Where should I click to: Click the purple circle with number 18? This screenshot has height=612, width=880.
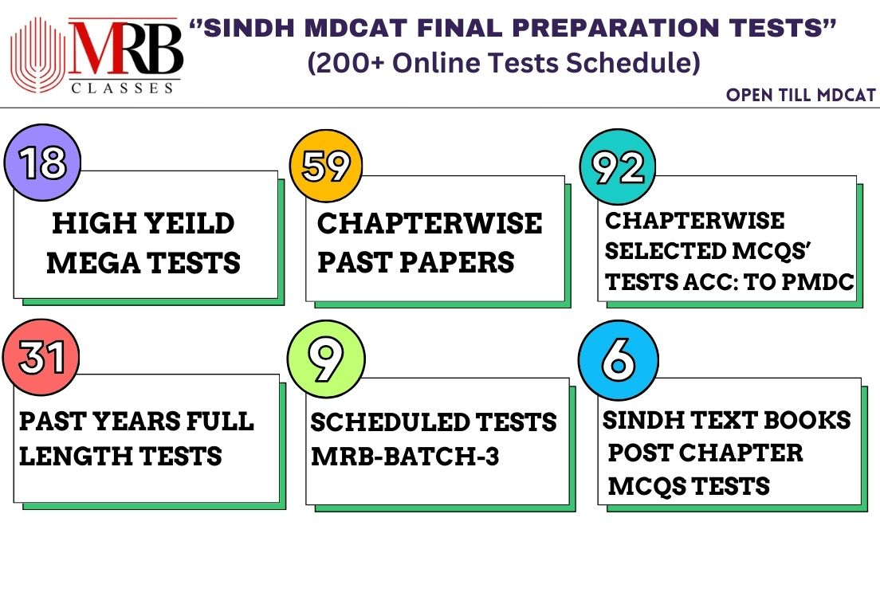(x=43, y=163)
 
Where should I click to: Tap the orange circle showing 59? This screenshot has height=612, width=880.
(x=326, y=166)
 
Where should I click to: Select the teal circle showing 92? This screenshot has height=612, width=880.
(x=618, y=167)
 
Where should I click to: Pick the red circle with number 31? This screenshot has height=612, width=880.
(x=41, y=357)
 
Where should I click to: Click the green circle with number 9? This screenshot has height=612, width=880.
(x=326, y=359)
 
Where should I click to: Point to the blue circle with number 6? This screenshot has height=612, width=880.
(x=619, y=360)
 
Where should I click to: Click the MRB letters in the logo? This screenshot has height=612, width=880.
(x=126, y=49)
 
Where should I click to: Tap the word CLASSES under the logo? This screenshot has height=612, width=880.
(x=122, y=88)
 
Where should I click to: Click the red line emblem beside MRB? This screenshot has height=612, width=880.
(x=37, y=55)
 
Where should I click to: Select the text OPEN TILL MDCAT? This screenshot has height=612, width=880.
(x=801, y=95)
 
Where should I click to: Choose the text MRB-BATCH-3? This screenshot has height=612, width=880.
(x=405, y=457)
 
